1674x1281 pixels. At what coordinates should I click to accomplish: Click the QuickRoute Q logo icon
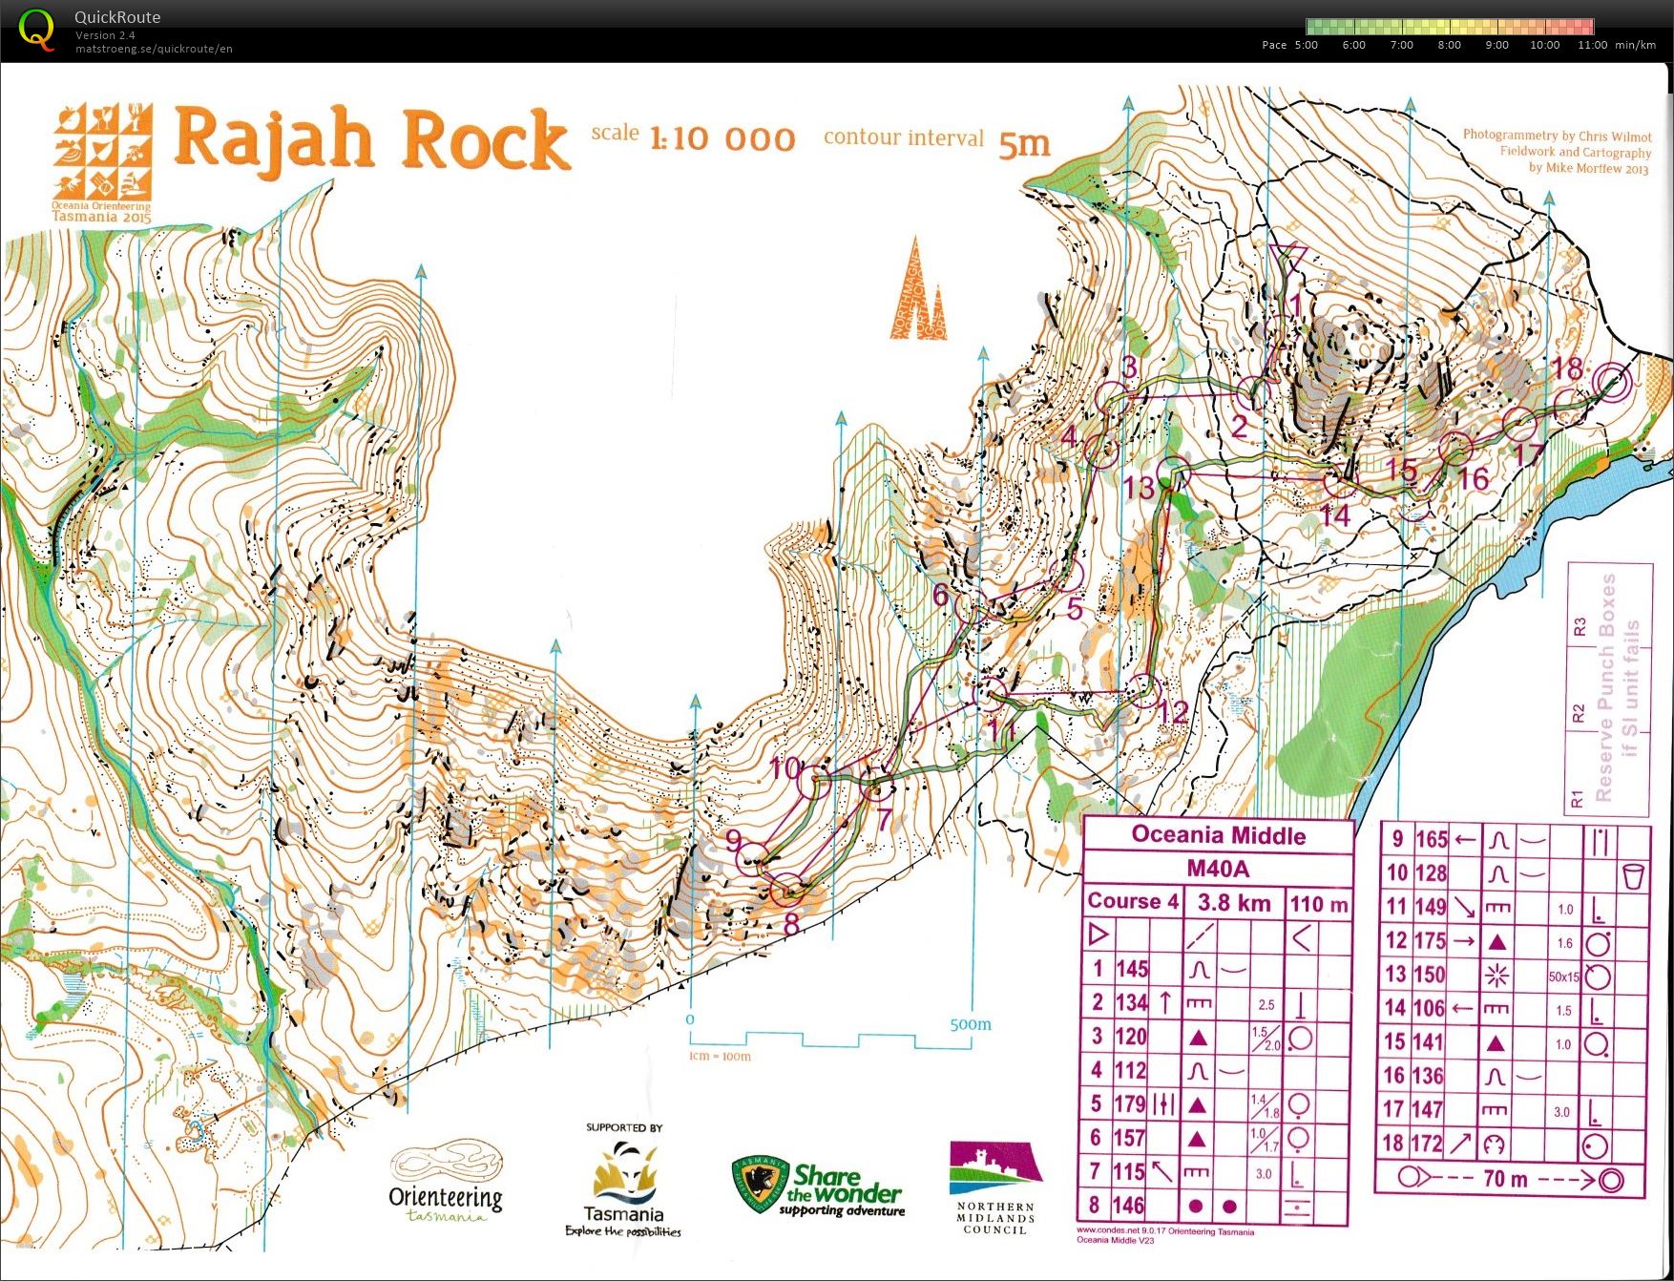[36, 30]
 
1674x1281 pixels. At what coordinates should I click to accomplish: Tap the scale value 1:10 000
[722, 139]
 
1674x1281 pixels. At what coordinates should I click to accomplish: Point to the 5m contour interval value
[1024, 143]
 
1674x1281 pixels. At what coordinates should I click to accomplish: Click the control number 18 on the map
[1567, 368]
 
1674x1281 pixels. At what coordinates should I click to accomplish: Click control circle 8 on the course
[788, 890]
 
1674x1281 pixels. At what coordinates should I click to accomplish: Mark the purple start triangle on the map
[1288, 259]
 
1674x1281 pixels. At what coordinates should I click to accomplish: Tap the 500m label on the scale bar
[970, 1024]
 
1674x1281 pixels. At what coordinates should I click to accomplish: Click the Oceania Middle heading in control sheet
[1218, 835]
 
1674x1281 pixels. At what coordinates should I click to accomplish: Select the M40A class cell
[1218, 869]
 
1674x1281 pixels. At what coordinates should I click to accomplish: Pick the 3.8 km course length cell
[1233, 903]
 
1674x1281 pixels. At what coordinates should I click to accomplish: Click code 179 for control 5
[1130, 1104]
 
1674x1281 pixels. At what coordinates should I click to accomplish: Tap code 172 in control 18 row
[1428, 1144]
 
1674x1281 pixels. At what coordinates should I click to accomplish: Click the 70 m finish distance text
[1505, 1180]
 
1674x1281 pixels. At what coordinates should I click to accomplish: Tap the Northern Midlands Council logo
[994, 1188]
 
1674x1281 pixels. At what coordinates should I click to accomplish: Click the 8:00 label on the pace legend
[1449, 45]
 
